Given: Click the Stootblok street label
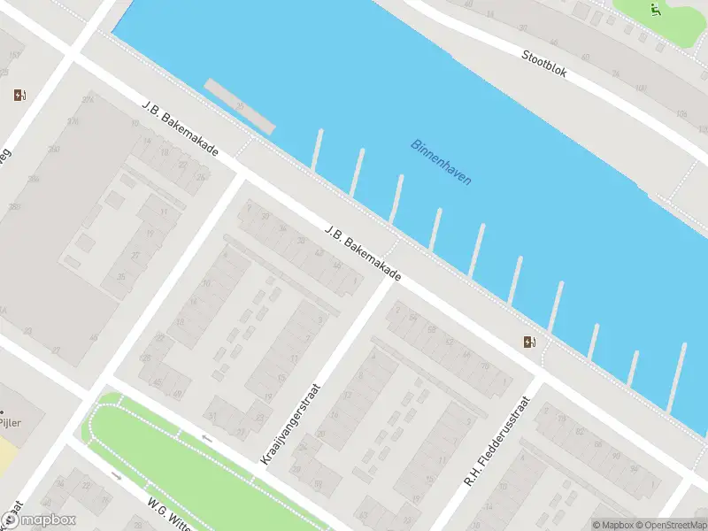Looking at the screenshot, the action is tap(543, 62).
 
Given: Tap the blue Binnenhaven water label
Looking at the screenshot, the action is tap(441, 162).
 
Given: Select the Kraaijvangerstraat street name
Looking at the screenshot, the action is tap(289, 424).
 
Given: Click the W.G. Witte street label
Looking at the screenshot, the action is tap(170, 514).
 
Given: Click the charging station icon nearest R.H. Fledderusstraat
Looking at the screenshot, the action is tap(530, 342).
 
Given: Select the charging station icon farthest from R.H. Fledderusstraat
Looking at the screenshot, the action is tap(20, 96).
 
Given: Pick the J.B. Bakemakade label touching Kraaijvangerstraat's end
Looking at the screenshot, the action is tap(363, 254).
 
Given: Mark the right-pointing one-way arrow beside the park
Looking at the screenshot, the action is tap(117, 475).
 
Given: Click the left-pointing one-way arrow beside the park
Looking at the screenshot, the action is tap(207, 438).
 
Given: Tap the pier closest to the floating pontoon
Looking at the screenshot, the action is tap(316, 149).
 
